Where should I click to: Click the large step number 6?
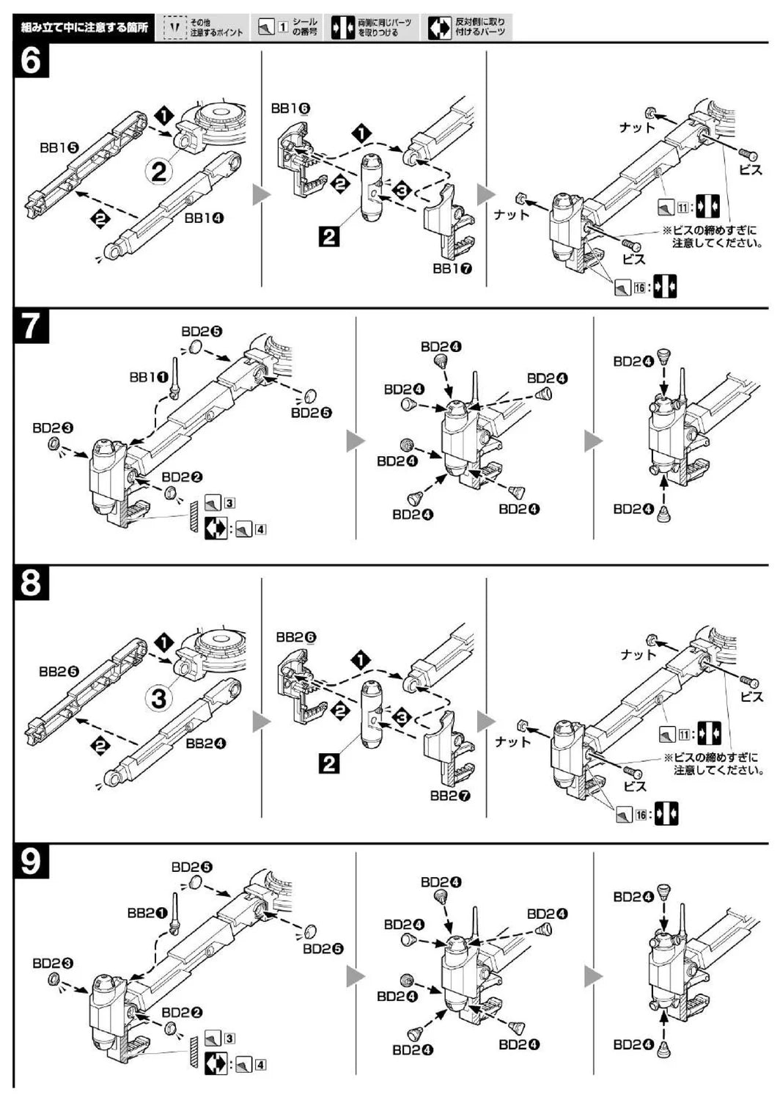click(x=30, y=61)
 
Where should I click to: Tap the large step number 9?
click(x=30, y=862)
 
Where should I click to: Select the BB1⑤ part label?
click(x=59, y=147)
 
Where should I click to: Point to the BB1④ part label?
click(x=205, y=218)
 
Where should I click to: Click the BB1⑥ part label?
click(x=290, y=109)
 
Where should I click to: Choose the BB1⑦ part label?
click(x=452, y=268)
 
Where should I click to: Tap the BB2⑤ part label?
click(x=59, y=671)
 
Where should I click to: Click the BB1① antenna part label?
click(x=148, y=377)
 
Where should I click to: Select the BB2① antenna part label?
click(x=147, y=913)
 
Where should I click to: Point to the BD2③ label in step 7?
click(x=52, y=428)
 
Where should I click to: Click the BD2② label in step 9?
click(x=182, y=1013)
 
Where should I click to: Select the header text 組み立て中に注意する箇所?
click(x=83, y=29)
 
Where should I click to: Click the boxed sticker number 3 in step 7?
click(x=229, y=503)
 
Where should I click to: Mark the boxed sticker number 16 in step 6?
click(x=639, y=287)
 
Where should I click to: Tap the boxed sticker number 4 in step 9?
click(x=260, y=1064)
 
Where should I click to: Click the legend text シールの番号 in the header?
click(x=305, y=28)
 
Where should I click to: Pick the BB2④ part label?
click(x=205, y=743)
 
